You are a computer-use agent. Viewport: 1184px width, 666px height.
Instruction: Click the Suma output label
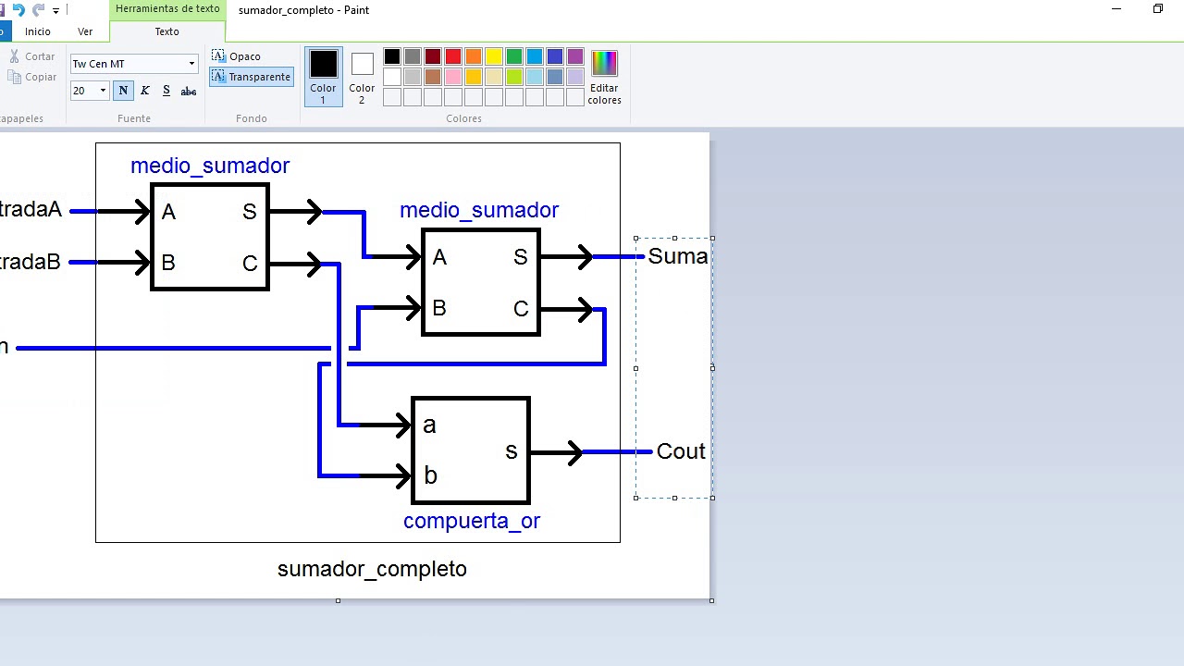tap(677, 256)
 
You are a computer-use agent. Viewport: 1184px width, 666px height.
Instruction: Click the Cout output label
tap(681, 451)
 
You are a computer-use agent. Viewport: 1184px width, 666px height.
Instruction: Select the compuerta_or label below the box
tap(471, 521)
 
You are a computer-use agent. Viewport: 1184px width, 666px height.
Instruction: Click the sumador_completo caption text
tap(372, 569)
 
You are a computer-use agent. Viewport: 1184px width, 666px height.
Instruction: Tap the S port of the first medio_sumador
tap(250, 212)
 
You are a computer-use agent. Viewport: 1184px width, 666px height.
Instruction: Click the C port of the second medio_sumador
tap(521, 309)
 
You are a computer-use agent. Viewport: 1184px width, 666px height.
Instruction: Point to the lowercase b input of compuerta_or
tap(430, 475)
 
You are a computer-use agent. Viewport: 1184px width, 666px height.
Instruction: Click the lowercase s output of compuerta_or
tap(511, 451)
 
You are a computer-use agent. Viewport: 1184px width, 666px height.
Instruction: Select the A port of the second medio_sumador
tap(439, 257)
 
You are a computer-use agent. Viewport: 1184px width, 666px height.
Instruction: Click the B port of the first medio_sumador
tap(168, 263)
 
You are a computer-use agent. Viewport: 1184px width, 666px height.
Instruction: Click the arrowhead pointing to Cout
tap(573, 452)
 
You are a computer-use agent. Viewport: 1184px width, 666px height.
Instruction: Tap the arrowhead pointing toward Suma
tap(585, 257)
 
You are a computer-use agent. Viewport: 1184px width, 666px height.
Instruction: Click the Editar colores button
tap(604, 78)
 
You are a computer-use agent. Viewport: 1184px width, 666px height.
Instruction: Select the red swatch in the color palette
tap(453, 57)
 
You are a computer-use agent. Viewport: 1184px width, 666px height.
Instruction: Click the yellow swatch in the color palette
tap(494, 57)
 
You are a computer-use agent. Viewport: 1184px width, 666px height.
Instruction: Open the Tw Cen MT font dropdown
tap(191, 64)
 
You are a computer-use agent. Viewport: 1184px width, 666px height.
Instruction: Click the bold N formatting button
tap(123, 91)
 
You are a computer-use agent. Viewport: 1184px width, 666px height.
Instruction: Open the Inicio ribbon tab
tap(38, 31)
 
